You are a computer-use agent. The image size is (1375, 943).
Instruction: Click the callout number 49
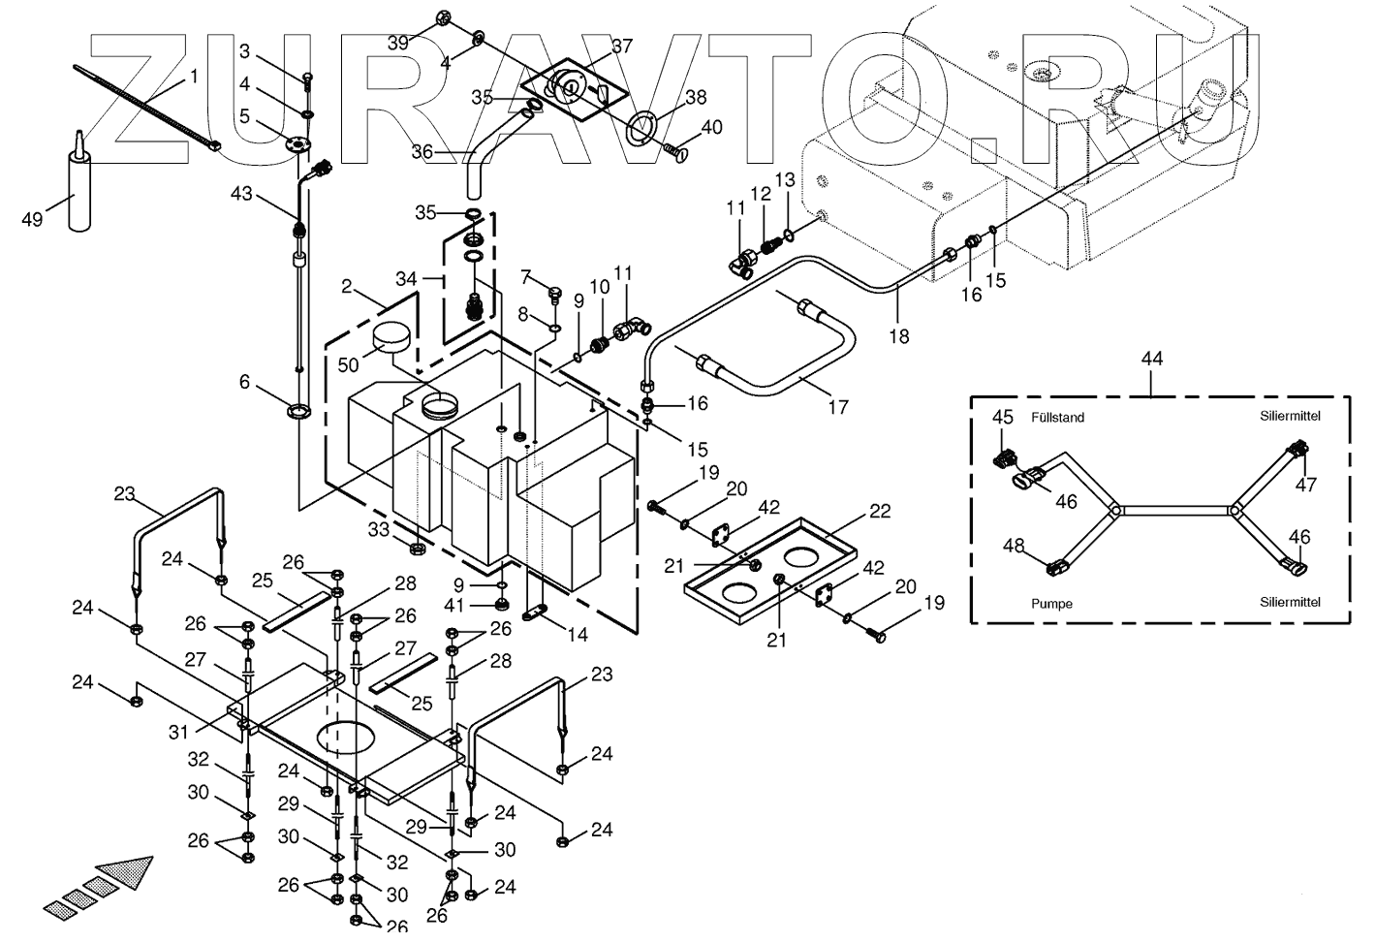tap(32, 220)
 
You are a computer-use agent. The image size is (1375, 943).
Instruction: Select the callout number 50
tap(347, 365)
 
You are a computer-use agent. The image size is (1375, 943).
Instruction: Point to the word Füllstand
tap(1058, 418)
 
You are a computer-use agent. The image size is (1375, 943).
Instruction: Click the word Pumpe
tap(1052, 603)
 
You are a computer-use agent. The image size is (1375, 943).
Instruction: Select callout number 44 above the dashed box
tap(1152, 359)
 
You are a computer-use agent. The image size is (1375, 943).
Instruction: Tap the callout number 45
tap(1003, 418)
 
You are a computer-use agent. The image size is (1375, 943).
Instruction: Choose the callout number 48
tap(1013, 547)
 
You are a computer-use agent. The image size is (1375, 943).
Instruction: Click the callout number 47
tap(1307, 484)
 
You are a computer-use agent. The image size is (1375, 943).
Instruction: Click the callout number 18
tap(899, 336)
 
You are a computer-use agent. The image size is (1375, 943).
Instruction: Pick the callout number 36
tap(422, 151)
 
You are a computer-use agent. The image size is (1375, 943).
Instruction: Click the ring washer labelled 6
tap(298, 412)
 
